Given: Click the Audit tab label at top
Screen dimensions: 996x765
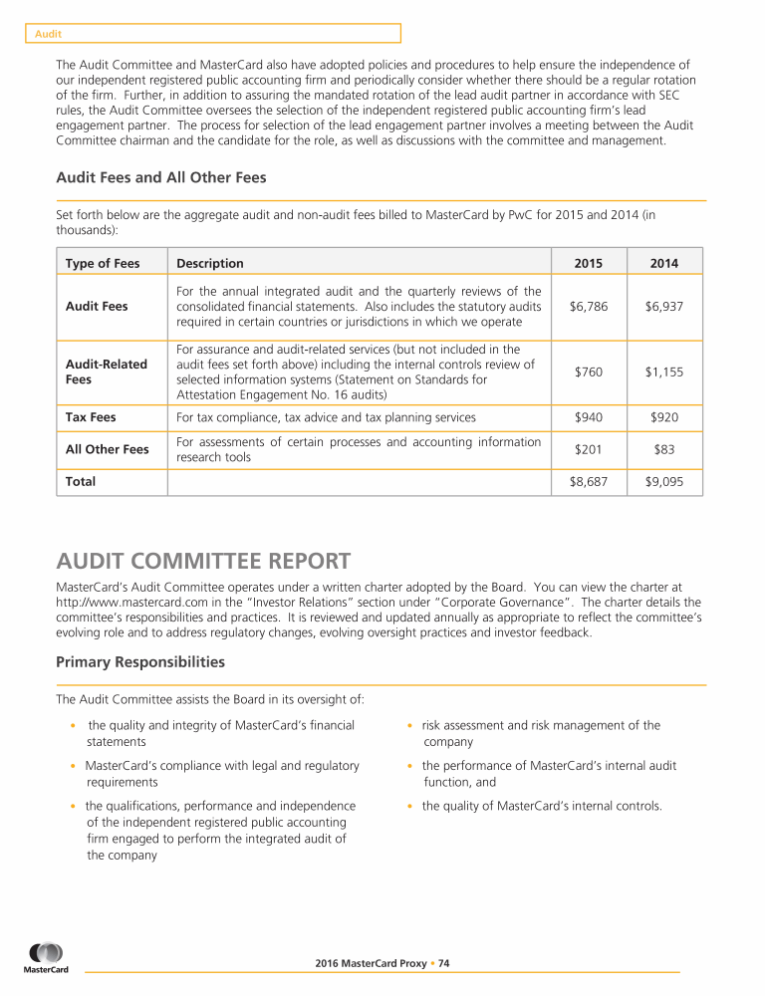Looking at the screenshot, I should (49, 34).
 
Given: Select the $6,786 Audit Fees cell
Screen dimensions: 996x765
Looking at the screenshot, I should (590, 307).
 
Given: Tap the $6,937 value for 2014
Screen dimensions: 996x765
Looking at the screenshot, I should (664, 307).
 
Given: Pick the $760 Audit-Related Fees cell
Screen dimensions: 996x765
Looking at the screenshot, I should (590, 372).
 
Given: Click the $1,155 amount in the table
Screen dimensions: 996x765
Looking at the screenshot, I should (664, 372).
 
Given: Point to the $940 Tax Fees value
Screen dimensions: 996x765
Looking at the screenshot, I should (590, 417).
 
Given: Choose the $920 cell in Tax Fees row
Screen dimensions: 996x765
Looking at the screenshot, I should (664, 417).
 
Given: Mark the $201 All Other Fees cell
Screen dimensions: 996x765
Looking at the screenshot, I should (590, 449).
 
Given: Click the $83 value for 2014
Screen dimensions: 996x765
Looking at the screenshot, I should (664, 449).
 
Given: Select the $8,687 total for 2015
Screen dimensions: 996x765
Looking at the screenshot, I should (590, 481).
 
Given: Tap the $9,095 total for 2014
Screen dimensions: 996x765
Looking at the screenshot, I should (664, 481).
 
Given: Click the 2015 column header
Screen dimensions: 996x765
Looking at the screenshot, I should (590, 263).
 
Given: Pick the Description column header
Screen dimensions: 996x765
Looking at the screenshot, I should (210, 263).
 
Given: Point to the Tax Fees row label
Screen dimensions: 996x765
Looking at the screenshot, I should (91, 417).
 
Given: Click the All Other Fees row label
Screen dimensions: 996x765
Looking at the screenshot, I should (108, 449).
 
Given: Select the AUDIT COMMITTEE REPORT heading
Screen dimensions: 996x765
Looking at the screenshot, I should (203, 562).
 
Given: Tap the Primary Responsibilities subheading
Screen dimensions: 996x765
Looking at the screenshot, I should (140, 661).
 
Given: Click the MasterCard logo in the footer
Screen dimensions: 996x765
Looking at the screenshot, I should (47, 958).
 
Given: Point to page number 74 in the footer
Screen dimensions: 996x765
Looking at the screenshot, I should (444, 963).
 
